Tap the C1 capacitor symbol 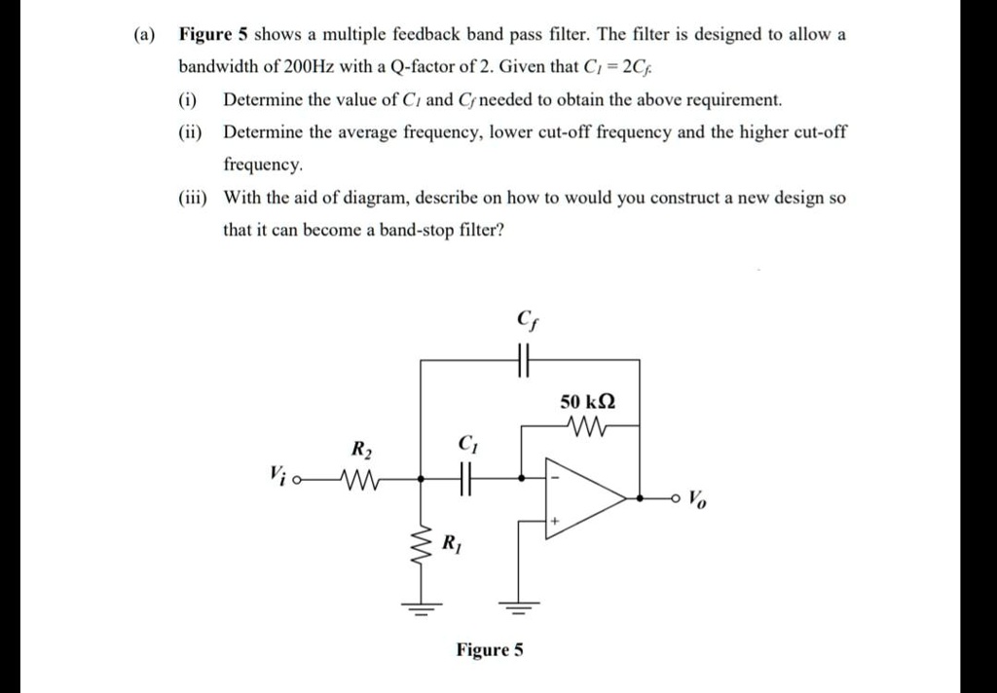[x=464, y=479]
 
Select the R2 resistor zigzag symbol [x=356, y=479]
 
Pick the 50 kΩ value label [x=588, y=401]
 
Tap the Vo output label [x=698, y=500]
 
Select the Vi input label [x=277, y=475]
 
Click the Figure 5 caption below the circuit [x=490, y=649]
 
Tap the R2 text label [x=361, y=450]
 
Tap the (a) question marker [x=144, y=34]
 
